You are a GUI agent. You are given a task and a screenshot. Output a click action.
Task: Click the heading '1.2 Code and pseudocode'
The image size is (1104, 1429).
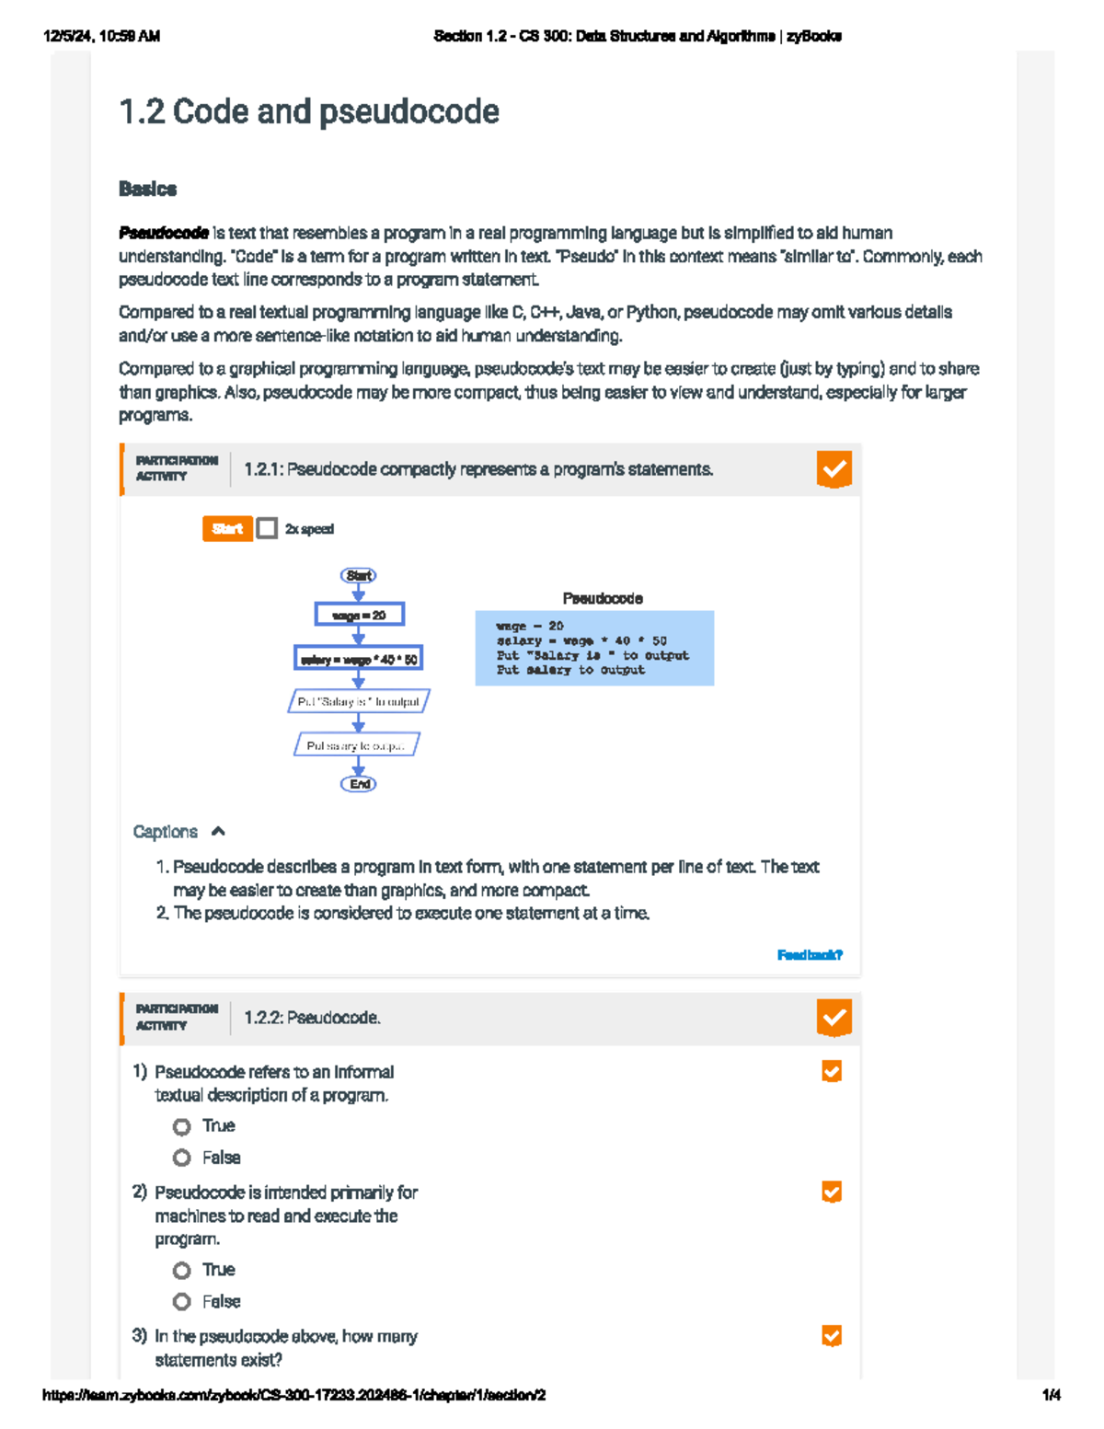click(x=309, y=111)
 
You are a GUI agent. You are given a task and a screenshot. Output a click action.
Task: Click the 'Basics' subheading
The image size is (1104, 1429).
click(x=147, y=189)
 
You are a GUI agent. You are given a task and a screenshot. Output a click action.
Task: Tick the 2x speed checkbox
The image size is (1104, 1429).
click(x=267, y=528)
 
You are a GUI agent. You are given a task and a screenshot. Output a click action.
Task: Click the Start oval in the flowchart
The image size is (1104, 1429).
click(x=359, y=575)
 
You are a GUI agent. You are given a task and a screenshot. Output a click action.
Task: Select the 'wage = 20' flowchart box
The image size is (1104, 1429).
click(x=359, y=615)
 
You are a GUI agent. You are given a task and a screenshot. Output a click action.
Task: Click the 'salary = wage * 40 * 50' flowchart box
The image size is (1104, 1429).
click(x=359, y=659)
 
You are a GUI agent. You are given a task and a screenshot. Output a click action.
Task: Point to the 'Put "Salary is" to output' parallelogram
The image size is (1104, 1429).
click(x=359, y=702)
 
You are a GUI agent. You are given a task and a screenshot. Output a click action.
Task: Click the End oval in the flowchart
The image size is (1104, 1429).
click(x=359, y=784)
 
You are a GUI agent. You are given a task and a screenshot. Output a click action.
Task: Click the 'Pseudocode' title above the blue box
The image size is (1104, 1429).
click(x=603, y=598)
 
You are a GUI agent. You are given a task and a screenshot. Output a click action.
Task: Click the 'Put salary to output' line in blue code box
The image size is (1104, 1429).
click(x=570, y=671)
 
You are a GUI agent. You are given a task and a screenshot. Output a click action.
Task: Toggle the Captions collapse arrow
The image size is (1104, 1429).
click(x=218, y=832)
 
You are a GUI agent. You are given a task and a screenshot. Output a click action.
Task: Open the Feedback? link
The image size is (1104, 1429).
click(x=810, y=955)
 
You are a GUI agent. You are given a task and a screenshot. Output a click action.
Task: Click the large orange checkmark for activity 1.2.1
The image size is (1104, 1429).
click(x=834, y=469)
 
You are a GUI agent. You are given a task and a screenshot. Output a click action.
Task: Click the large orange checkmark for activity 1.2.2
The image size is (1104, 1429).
click(x=834, y=1018)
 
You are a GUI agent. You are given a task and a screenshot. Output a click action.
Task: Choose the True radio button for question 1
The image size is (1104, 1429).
click(x=182, y=1126)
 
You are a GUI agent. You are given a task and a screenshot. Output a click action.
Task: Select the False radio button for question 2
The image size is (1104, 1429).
click(x=182, y=1301)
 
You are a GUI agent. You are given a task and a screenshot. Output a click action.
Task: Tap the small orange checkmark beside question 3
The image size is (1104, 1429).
click(x=832, y=1336)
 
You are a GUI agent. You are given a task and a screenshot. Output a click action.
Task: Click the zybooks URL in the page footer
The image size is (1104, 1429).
click(x=294, y=1395)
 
